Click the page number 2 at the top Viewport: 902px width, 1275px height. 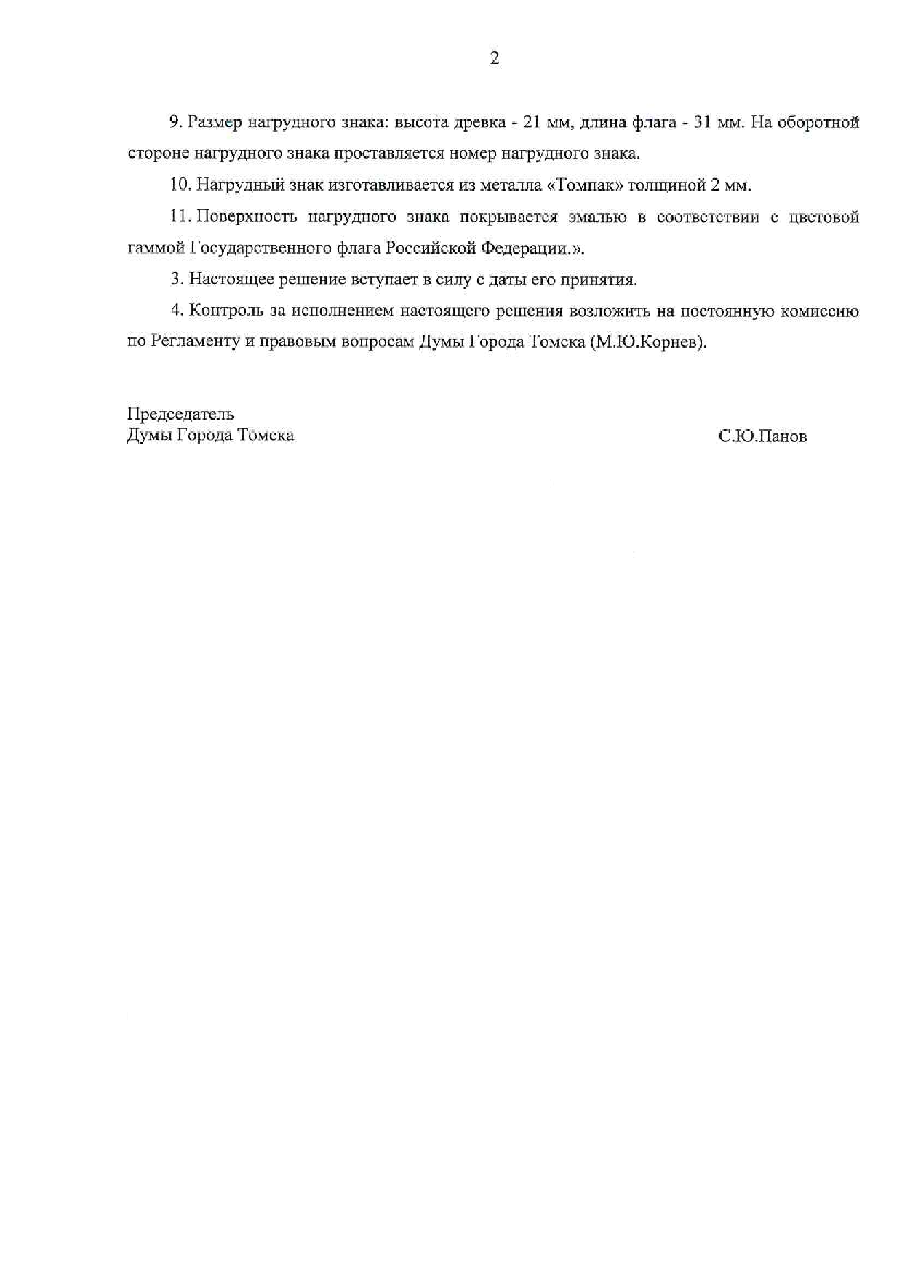point(495,59)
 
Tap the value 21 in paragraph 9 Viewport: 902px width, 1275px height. point(532,122)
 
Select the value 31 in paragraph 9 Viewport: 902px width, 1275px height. point(703,122)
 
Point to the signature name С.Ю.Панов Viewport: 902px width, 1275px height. point(762,436)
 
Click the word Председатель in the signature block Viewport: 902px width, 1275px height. point(180,415)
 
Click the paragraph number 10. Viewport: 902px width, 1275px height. point(180,185)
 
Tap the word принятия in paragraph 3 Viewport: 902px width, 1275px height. point(604,279)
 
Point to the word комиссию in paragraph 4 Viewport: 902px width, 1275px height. point(819,311)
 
